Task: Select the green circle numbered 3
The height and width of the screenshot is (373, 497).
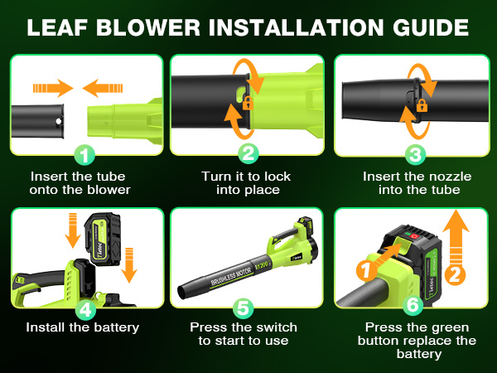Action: [x=417, y=153]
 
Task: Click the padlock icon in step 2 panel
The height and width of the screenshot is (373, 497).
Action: [x=246, y=104]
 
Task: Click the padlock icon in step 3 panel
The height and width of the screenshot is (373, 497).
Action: [x=421, y=105]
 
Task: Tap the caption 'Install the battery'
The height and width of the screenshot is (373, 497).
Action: [x=82, y=327]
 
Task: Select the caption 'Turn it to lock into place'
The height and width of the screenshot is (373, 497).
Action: [x=246, y=183]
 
